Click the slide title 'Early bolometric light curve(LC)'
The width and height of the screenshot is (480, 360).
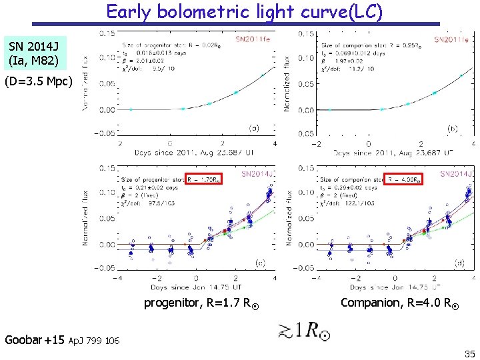(245, 12)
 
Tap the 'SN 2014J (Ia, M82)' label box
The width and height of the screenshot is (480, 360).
(34, 54)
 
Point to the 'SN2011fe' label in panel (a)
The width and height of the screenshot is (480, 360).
(251, 39)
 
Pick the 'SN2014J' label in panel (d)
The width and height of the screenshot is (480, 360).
(455, 174)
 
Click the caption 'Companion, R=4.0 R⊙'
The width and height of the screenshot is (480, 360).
(397, 303)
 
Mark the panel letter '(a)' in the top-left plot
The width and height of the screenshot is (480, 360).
(254, 127)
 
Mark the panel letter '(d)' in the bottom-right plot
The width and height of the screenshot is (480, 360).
(459, 263)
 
